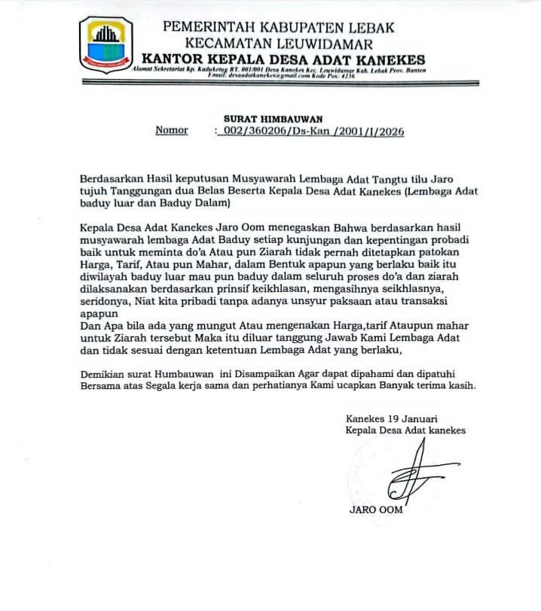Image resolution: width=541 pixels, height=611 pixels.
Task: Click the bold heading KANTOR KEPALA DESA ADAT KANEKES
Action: (283, 59)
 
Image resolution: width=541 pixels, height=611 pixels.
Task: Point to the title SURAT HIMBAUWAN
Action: (273, 119)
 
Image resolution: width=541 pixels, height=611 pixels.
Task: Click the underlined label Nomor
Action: (172, 130)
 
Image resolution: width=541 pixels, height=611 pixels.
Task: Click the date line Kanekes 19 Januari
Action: (392, 418)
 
